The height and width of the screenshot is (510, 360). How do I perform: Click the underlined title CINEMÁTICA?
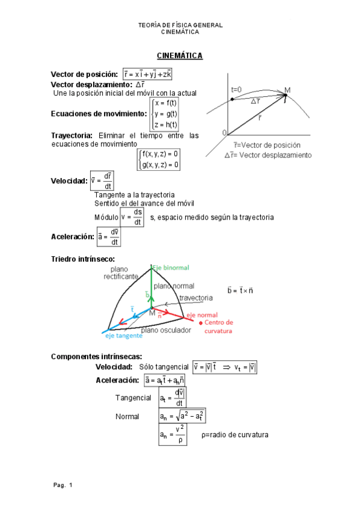pyautogui.click(x=180, y=56)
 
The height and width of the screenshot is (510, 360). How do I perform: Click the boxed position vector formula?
pyautogui.click(x=147, y=74)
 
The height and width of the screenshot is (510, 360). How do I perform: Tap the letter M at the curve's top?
pyautogui.click(x=287, y=90)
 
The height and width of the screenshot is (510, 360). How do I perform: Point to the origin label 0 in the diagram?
pyautogui.click(x=224, y=132)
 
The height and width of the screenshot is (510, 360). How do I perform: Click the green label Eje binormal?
pyautogui.click(x=171, y=267)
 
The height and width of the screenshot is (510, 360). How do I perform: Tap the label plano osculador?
pyautogui.click(x=166, y=330)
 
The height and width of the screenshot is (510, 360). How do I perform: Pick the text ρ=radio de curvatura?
pyautogui.click(x=236, y=435)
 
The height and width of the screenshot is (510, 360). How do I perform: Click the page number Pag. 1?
pyautogui.click(x=63, y=485)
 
